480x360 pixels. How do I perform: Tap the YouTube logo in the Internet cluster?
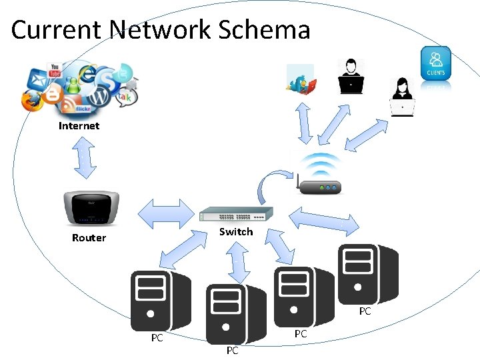(55, 69)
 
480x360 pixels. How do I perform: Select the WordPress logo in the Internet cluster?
(99, 97)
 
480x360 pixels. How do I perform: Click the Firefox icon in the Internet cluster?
(31, 101)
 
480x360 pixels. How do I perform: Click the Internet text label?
(79, 125)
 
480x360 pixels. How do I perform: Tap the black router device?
(91, 208)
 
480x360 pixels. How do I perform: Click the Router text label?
(89, 238)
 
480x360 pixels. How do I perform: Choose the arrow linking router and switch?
(164, 213)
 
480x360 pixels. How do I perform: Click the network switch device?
(236, 215)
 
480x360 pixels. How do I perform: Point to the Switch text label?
(236, 232)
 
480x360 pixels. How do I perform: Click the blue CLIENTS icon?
(436, 63)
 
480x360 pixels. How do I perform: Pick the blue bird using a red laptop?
(301, 81)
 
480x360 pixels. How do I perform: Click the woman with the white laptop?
(402, 97)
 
